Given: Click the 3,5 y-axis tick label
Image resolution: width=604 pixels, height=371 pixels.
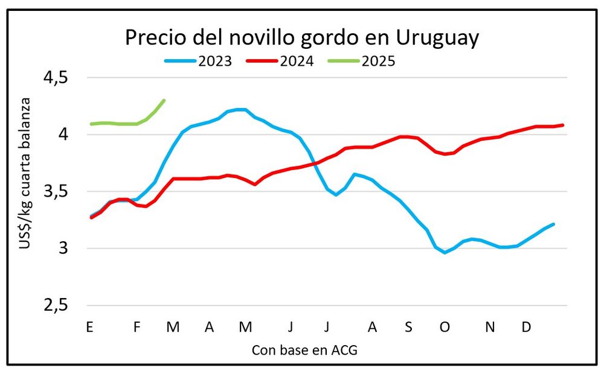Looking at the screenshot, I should tap(55, 192).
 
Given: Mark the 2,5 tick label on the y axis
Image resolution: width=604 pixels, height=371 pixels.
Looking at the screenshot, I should tap(55, 306).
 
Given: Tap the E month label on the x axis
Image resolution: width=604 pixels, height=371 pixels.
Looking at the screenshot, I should tap(89, 328).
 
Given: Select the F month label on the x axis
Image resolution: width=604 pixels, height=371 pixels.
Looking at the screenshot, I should tap(137, 328).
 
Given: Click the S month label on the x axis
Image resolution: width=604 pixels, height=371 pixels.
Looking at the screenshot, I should tap(408, 328).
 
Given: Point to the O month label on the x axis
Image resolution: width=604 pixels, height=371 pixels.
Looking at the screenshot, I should tap(445, 328).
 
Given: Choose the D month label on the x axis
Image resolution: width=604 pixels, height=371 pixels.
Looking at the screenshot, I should tap(527, 328).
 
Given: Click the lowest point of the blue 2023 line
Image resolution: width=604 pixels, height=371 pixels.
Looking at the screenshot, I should tap(445, 253).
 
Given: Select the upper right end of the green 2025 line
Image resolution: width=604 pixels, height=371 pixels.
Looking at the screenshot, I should tap(164, 100).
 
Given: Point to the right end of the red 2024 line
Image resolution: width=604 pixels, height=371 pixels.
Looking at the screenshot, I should tap(563, 125).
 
